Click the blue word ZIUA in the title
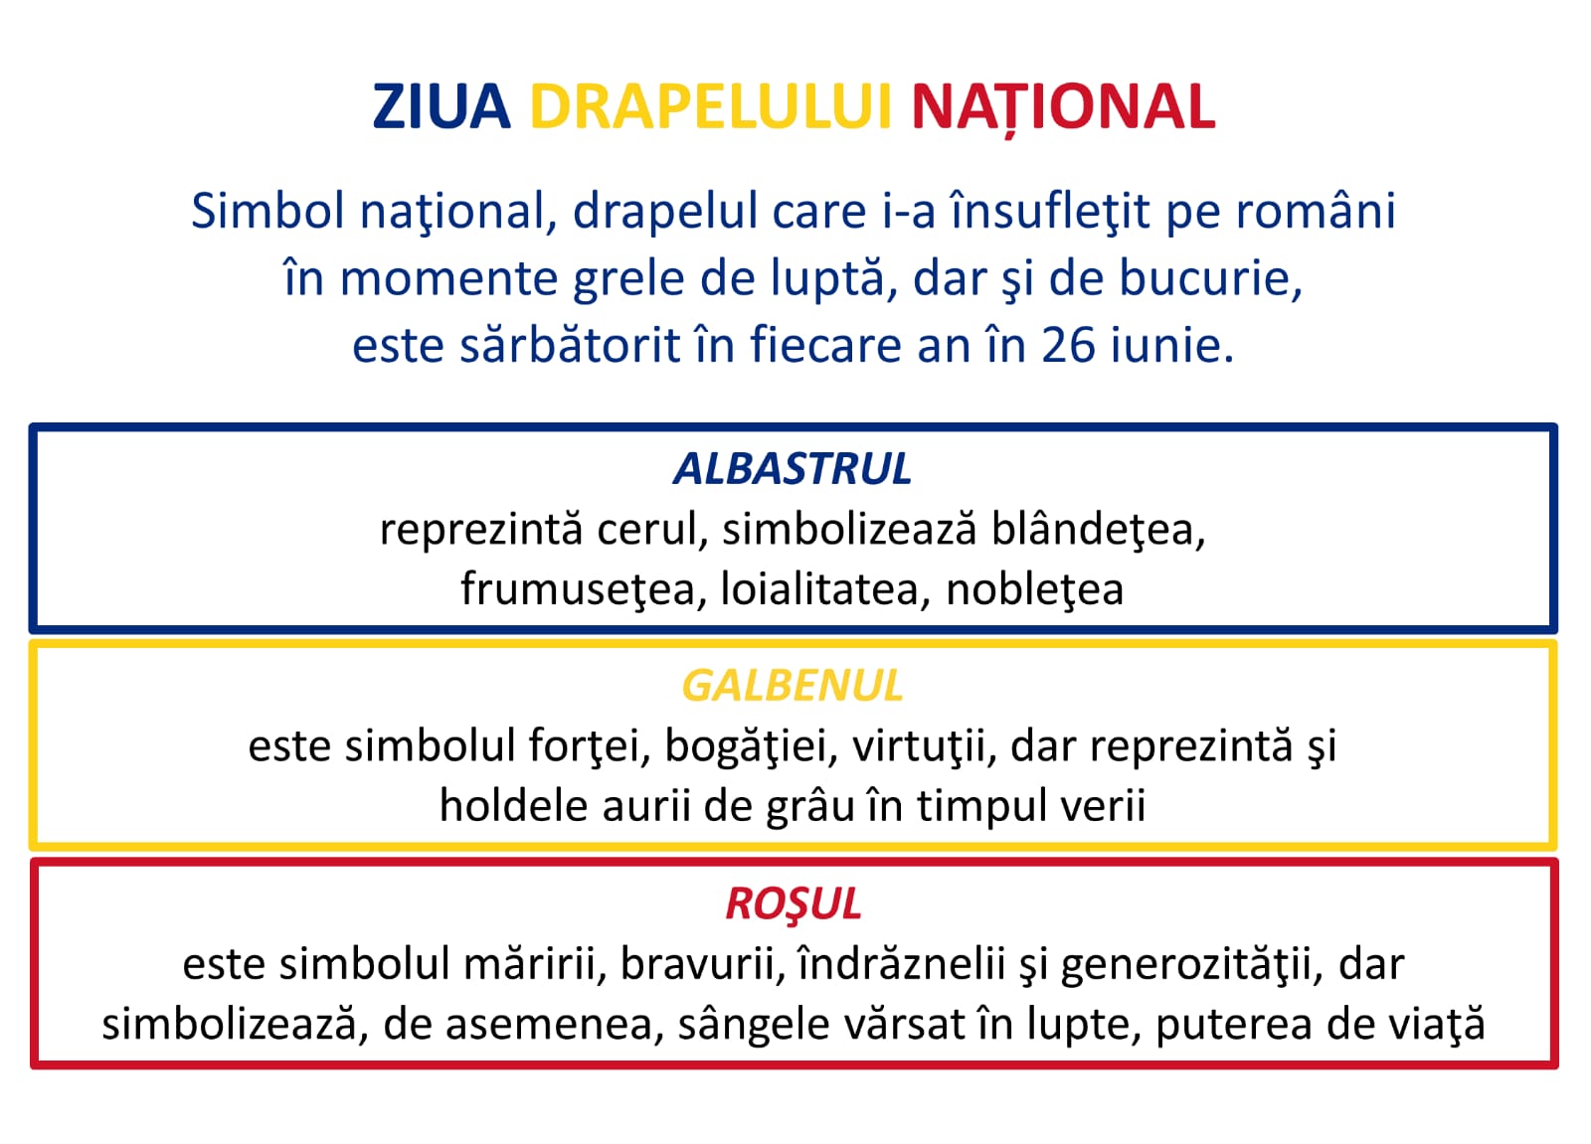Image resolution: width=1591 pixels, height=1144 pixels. point(442,106)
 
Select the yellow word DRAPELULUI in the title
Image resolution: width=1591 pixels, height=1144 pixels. point(710,106)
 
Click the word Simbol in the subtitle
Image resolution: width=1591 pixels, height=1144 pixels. point(267,210)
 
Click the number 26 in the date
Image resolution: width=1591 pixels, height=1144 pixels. point(1068,345)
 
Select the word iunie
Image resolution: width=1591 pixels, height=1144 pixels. point(1164,345)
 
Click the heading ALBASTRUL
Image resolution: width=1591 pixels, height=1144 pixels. point(793,469)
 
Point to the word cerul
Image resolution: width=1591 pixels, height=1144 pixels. point(652,530)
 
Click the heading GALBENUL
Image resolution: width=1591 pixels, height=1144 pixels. point(793,686)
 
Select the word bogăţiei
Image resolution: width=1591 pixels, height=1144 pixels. point(751,746)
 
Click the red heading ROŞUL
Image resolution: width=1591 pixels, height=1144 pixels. point(794,904)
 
